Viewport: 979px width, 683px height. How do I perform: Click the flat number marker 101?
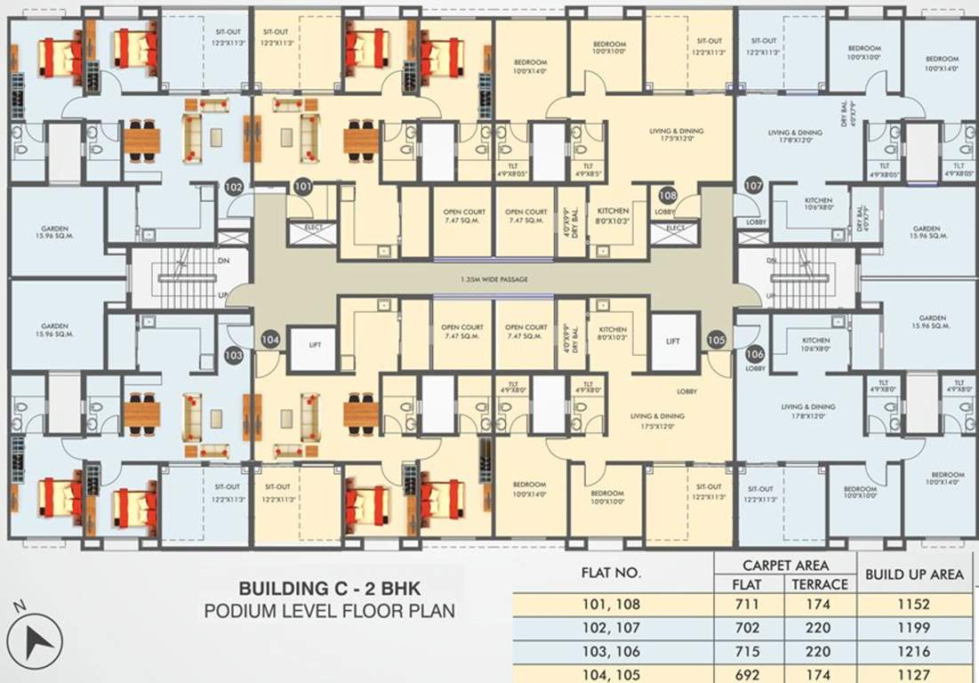(x=303, y=188)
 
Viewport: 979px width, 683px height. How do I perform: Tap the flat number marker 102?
(x=234, y=188)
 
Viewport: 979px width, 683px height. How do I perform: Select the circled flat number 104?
(x=271, y=339)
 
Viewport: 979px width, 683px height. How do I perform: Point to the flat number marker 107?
(x=754, y=187)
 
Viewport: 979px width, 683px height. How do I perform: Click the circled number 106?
(x=755, y=353)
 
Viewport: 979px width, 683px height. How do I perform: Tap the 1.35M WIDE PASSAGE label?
(x=494, y=279)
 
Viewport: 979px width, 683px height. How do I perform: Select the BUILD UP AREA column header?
(x=914, y=575)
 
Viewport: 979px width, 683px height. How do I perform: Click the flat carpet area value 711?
(x=748, y=605)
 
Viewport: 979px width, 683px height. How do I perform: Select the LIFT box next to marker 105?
(x=674, y=341)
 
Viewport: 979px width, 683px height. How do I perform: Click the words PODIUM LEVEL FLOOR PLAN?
(x=329, y=611)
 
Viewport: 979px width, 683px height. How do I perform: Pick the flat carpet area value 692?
(x=748, y=674)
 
